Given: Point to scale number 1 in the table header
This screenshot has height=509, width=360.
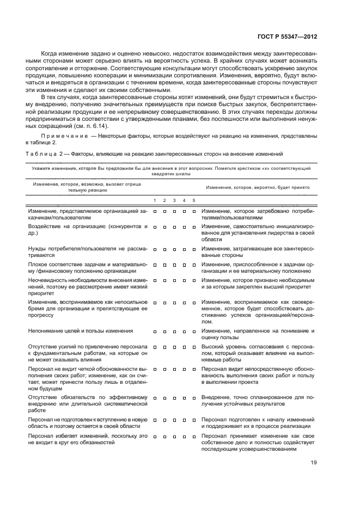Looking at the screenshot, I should click(x=155, y=200).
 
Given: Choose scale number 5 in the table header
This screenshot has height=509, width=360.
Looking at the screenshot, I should click(x=194, y=200).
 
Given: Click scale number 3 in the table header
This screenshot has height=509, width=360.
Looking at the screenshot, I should click(x=174, y=200).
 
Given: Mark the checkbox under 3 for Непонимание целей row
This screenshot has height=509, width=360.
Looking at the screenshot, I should click(x=174, y=331).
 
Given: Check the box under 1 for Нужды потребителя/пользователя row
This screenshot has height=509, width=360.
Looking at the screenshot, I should click(x=155, y=249).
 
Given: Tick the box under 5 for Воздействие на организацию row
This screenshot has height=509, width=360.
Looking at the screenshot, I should click(x=194, y=226).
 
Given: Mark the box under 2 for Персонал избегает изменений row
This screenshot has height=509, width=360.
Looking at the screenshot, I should click(x=164, y=437).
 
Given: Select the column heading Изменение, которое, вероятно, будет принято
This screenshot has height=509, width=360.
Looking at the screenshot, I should click(x=258, y=187).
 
